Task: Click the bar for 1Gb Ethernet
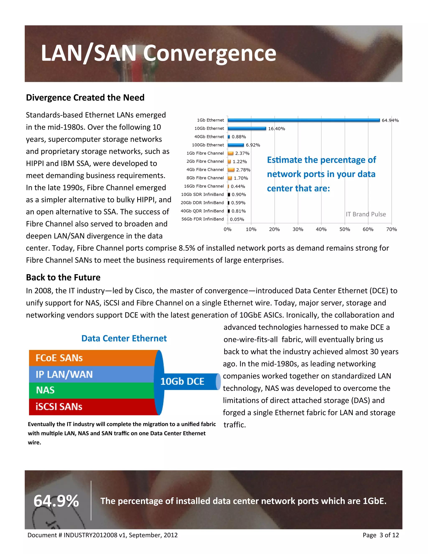pyautogui.click(x=303, y=120)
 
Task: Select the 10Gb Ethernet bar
pyautogui.click(x=247, y=129)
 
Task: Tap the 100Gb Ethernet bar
pyautogui.click(x=236, y=145)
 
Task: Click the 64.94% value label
pyautogui.click(x=390, y=120)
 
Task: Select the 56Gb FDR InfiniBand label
pyautogui.click(x=202, y=219)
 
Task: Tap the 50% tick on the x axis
pyautogui.click(x=345, y=229)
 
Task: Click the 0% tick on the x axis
pyautogui.click(x=227, y=229)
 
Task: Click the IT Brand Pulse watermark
pyautogui.click(x=366, y=214)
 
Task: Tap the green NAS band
pyautogui.click(x=91, y=390)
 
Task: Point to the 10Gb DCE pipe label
pyautogui.click(x=182, y=381)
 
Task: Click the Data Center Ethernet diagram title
pyautogui.click(x=124, y=338)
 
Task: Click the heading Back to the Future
pyautogui.click(x=63, y=277)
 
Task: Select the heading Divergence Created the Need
pyautogui.click(x=85, y=98)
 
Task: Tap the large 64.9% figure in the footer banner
pyautogui.click(x=56, y=501)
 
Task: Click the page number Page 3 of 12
pyautogui.click(x=381, y=535)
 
